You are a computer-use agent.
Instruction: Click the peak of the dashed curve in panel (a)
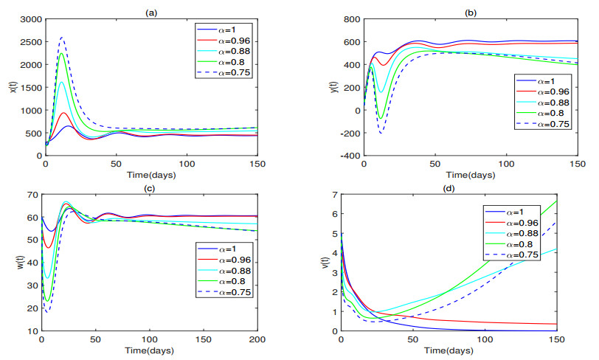62,38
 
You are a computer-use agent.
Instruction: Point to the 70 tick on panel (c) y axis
32,195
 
